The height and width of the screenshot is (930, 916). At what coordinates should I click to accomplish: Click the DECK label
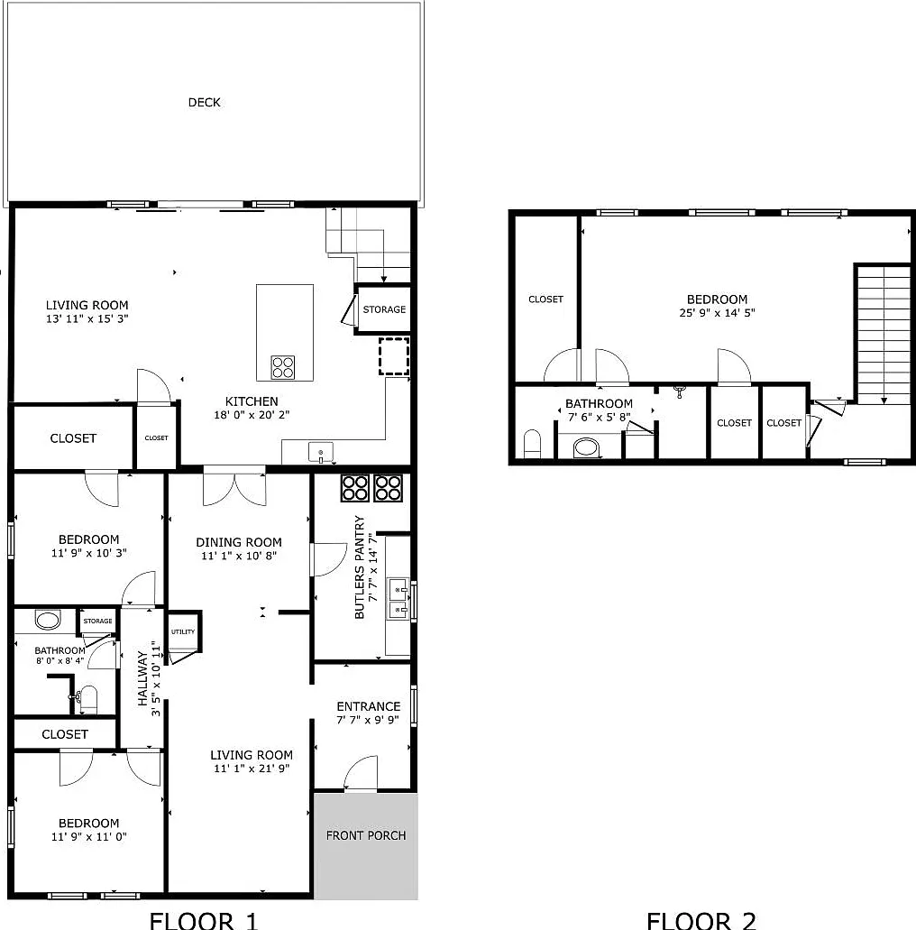tap(204, 103)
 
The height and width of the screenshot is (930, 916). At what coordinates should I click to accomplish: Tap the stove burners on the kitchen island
tap(283, 367)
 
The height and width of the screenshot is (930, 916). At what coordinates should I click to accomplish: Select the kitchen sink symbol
tap(320, 453)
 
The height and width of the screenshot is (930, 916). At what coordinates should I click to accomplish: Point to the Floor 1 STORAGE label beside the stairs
tap(384, 309)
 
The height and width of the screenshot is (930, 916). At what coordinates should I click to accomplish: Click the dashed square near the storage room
tap(394, 356)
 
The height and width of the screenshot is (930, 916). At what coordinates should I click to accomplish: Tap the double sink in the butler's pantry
tap(398, 599)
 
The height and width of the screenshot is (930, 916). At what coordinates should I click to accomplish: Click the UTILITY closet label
tap(183, 631)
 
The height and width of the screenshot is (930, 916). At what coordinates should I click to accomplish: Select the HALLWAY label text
tap(142, 678)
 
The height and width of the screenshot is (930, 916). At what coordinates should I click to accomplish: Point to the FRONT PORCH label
tap(366, 835)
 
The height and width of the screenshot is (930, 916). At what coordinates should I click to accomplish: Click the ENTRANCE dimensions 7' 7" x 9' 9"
tap(368, 720)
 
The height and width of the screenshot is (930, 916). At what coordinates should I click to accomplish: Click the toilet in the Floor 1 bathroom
tap(87, 700)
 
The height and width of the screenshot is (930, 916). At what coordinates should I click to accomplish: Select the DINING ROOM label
tap(239, 542)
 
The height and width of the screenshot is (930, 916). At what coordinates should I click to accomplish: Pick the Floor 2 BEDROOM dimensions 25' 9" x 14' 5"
tap(717, 313)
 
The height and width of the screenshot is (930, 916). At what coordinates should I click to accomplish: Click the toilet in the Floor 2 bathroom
tap(533, 444)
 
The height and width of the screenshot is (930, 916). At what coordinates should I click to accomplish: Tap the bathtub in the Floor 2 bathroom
tap(586, 447)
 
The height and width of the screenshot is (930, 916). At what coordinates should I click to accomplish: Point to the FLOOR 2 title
tap(701, 920)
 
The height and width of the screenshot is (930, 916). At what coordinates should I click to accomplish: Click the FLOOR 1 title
tap(204, 920)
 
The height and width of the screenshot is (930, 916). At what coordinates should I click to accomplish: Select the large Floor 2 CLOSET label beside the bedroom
tap(545, 299)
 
